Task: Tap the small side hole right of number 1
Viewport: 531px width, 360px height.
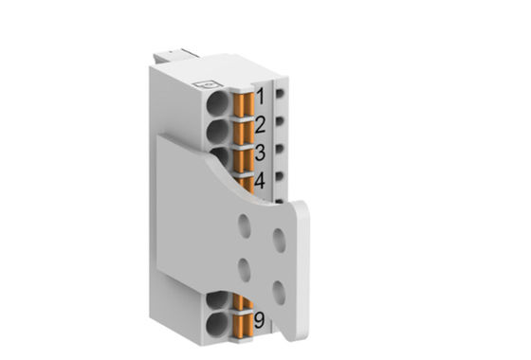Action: coord(283,96)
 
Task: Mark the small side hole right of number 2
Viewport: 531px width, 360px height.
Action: coord(283,122)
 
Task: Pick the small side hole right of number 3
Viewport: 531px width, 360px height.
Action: coord(283,149)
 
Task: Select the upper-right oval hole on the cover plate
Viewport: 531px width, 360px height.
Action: coord(279,240)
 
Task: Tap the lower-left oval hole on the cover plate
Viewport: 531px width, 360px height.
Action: coord(245,271)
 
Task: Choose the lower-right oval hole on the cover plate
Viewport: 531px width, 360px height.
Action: coord(279,290)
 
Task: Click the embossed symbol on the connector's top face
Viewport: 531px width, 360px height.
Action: coord(200,84)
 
